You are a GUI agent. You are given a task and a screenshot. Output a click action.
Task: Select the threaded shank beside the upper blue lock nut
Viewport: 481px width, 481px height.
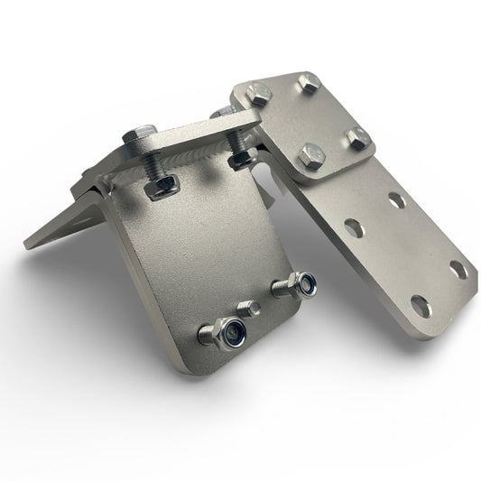tap(282, 290)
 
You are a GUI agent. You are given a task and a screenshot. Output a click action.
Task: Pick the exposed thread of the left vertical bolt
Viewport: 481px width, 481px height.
tap(154, 166)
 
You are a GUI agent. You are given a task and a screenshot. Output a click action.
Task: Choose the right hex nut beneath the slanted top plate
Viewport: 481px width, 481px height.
tap(243, 159)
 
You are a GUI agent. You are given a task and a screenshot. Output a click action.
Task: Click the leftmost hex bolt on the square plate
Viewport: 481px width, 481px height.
tap(254, 92)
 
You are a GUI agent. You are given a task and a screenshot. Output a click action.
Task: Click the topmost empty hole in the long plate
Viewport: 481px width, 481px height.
tap(397, 200)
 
